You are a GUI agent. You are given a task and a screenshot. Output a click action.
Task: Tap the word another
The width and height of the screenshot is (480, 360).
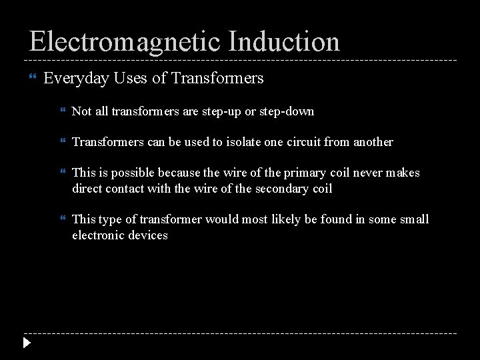pos(370,142)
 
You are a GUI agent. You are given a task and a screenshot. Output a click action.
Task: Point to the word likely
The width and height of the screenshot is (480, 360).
pos(283,219)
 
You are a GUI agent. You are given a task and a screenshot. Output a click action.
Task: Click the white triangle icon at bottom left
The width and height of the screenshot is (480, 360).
pos(27,344)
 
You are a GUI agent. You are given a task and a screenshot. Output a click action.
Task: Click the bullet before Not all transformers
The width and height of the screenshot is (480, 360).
pos(62,111)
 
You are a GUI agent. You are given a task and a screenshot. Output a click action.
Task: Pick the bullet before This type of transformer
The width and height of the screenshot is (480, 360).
pos(62,219)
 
